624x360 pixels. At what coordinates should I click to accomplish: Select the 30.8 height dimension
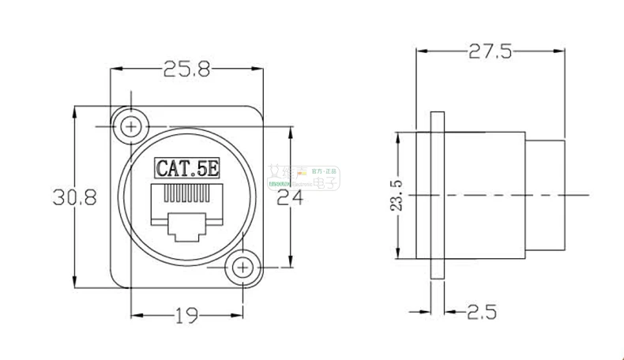tap(74, 197)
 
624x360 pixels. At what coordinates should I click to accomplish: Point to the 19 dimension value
tap(186, 317)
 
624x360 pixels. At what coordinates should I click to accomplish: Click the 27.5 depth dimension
tap(491, 52)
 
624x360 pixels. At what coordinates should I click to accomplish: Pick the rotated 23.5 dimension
tap(397, 195)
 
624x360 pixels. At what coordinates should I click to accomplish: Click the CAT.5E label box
tap(186, 167)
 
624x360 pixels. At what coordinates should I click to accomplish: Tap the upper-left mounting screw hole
tap(130, 126)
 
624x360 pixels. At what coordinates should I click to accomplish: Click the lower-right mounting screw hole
tap(242, 268)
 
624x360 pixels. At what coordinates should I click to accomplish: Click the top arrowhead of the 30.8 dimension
tap(74, 110)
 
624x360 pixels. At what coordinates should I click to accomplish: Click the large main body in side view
tap(486, 195)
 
